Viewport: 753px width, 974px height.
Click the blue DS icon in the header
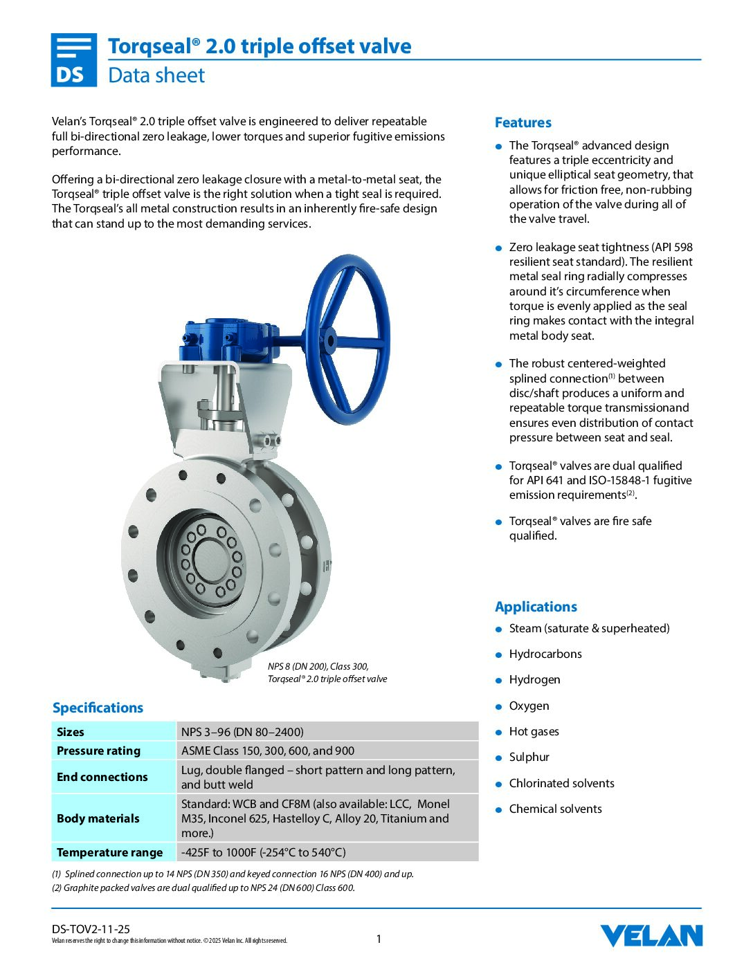click(x=73, y=60)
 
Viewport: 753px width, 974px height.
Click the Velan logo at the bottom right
click(x=651, y=935)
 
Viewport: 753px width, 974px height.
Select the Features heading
click(x=523, y=122)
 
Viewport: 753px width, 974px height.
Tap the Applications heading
click(x=536, y=607)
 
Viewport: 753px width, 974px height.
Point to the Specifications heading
click(x=98, y=708)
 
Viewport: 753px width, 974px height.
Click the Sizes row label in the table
click(x=71, y=732)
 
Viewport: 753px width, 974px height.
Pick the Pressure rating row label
click(x=98, y=751)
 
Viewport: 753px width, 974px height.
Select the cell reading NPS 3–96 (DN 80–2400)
click(x=242, y=732)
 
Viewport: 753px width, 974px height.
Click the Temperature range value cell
click(x=263, y=852)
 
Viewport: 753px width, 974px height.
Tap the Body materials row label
click(x=98, y=818)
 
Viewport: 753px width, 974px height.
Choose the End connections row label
click(x=102, y=777)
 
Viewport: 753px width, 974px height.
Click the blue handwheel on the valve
click(x=347, y=339)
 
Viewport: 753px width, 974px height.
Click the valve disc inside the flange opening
click(x=208, y=557)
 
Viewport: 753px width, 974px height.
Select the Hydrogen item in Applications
click(x=534, y=679)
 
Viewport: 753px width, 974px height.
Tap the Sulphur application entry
click(x=529, y=757)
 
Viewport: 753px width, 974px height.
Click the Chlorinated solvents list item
click(x=561, y=783)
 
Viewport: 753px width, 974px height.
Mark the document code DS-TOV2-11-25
click(x=91, y=929)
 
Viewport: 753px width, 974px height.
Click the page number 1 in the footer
click(x=379, y=939)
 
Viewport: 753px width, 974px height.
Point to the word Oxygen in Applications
click(x=529, y=706)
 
